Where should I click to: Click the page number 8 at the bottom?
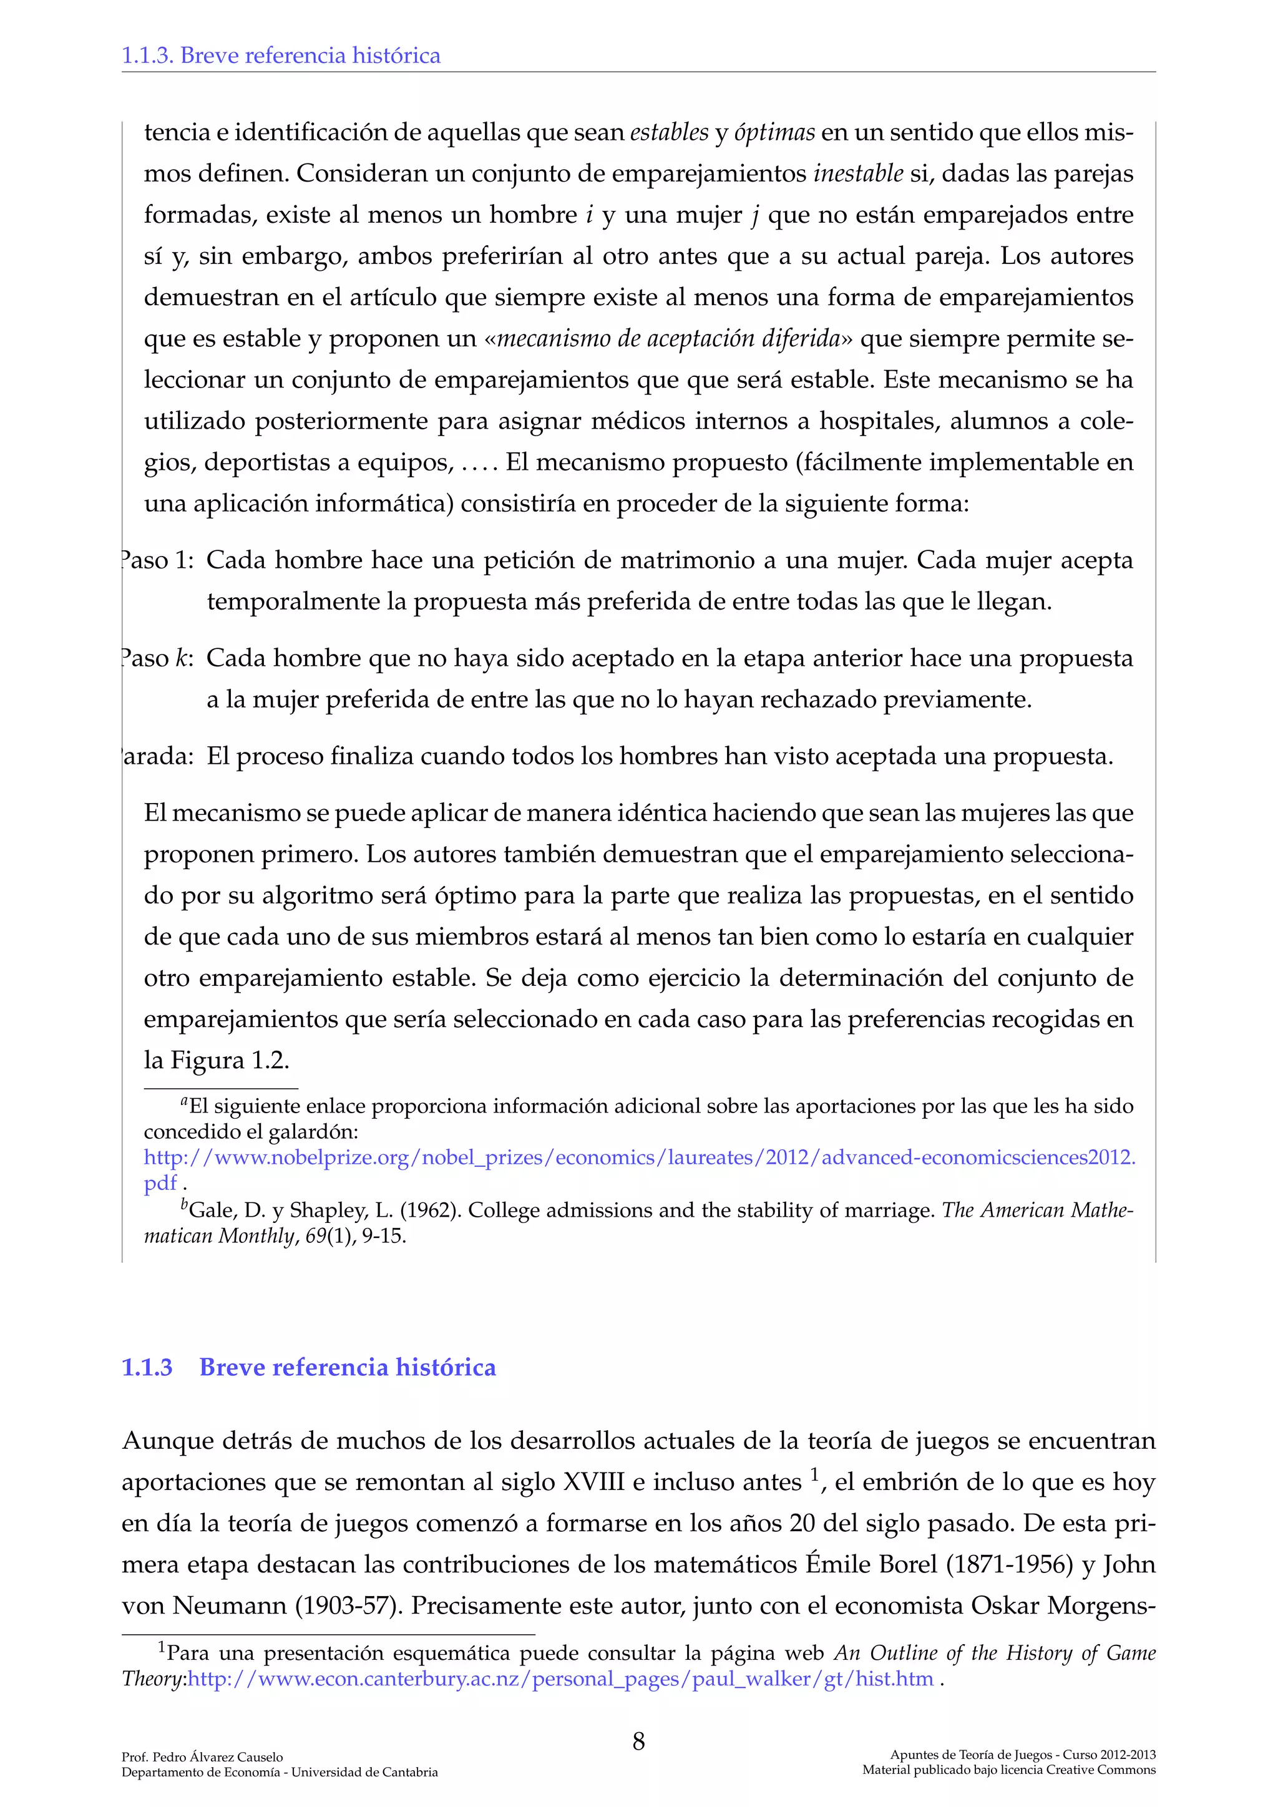tap(638, 1741)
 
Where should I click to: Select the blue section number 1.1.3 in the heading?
tap(147, 1367)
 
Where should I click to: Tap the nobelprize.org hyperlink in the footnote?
tap(639, 1157)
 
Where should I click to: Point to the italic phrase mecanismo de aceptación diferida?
tap(669, 338)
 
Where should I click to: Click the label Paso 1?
tap(157, 560)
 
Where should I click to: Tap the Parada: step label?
tap(157, 756)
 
